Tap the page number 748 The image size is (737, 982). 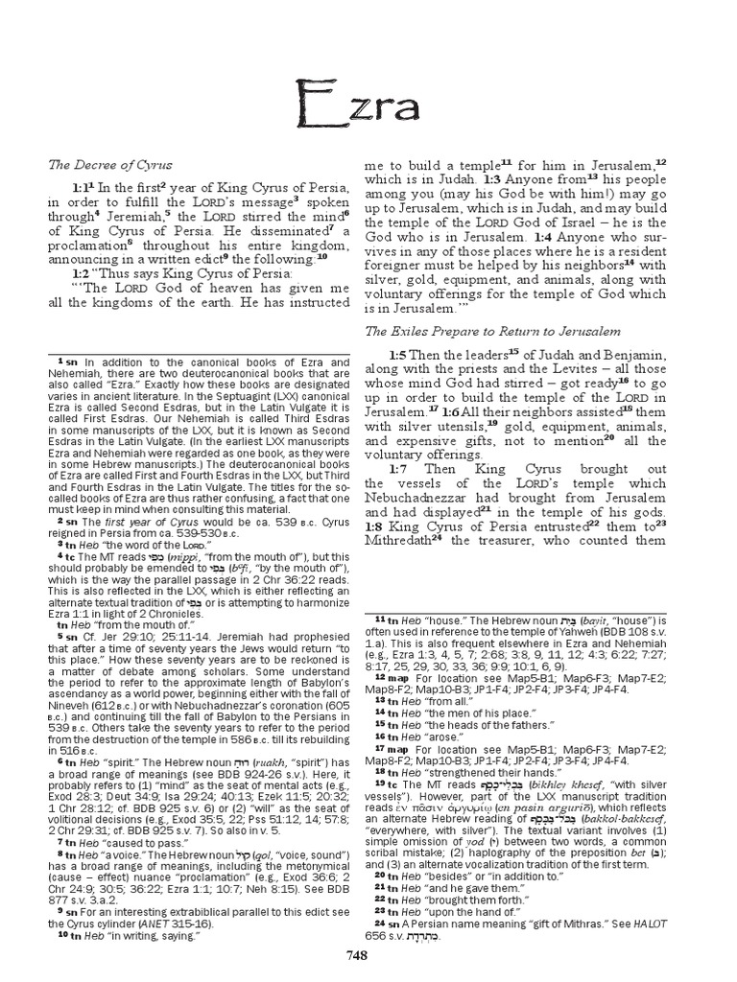point(368,952)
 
